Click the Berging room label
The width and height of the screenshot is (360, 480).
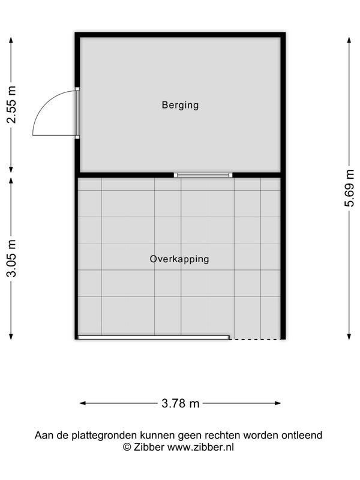180,105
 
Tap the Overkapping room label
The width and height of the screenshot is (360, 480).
179,259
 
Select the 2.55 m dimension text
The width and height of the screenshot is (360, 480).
11,104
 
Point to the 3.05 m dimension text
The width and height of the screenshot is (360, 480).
11,259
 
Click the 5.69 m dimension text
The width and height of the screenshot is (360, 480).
349,188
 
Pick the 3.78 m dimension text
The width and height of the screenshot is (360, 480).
181,403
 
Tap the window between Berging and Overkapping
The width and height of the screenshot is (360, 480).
203,175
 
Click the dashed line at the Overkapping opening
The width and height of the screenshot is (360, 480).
255,339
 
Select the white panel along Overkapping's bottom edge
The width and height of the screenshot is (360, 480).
154,337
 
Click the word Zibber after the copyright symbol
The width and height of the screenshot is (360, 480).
149,447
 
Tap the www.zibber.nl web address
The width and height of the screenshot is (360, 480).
200,447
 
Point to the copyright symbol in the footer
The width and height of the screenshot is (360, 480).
127,447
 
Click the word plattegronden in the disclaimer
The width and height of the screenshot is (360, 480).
104,435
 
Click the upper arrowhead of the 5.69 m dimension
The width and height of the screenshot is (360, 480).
349,40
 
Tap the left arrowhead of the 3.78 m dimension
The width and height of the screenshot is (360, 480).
83,403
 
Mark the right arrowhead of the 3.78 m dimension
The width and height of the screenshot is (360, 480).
278,403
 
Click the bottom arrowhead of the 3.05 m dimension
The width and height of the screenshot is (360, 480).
11,337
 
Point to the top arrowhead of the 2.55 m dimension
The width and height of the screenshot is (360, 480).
11,40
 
